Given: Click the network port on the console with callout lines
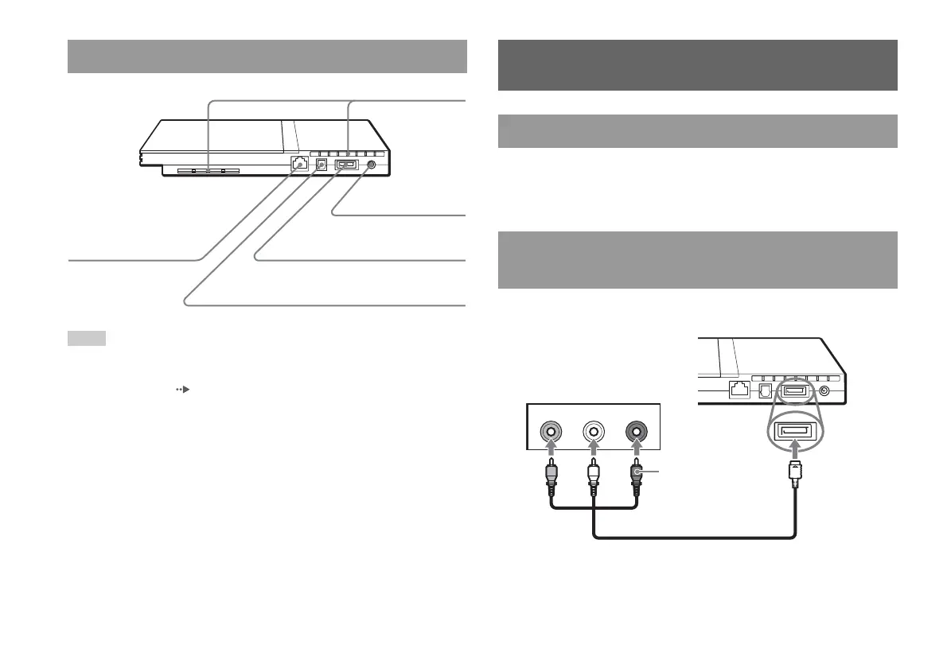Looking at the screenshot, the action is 298,165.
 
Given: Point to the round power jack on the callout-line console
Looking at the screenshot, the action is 372,165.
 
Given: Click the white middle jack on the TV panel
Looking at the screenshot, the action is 593,431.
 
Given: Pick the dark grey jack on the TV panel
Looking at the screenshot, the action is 636,431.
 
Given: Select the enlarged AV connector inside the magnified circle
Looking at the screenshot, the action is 796,432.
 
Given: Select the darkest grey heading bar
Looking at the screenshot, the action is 698,65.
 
